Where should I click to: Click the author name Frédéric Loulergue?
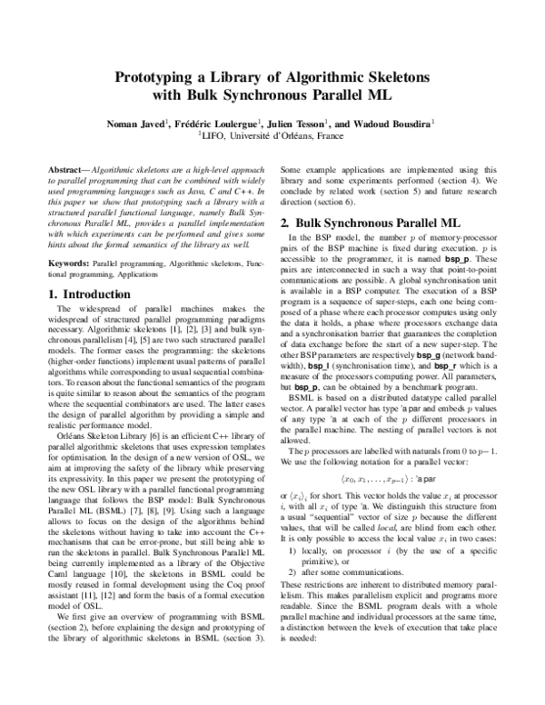[218, 122]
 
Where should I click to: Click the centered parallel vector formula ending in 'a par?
[386, 479]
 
